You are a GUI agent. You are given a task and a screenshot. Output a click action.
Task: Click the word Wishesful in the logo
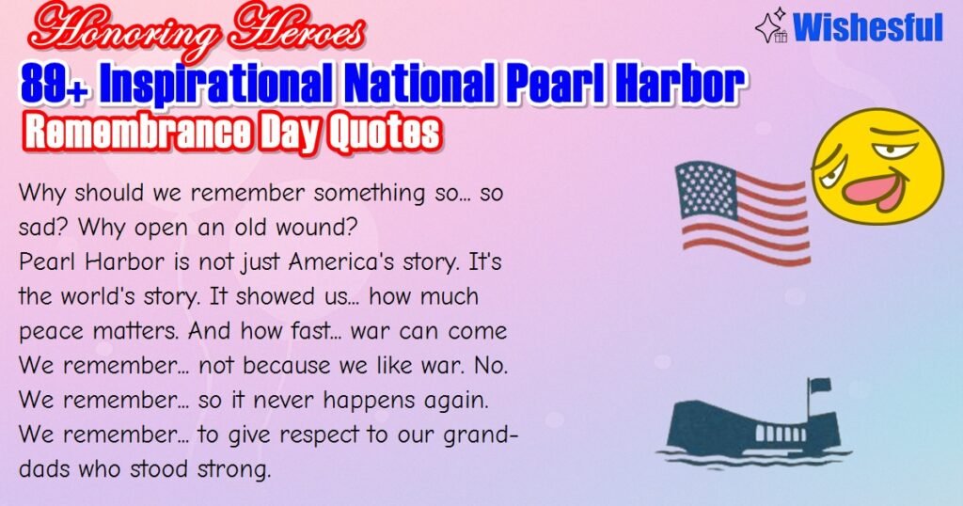point(867,28)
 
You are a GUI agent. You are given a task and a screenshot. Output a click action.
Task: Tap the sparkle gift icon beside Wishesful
point(772,28)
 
